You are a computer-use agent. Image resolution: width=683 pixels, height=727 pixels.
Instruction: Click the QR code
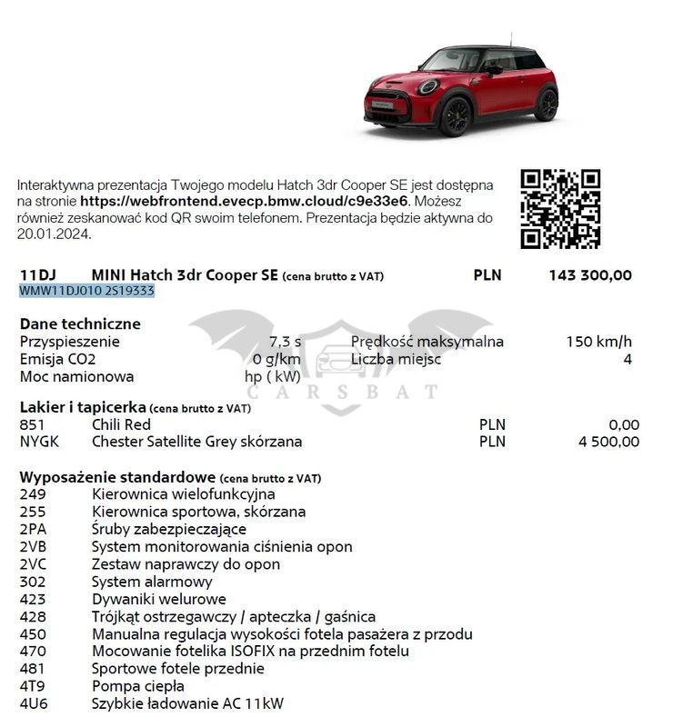[x=559, y=208]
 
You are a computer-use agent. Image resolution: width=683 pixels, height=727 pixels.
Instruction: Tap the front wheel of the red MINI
[x=454, y=116]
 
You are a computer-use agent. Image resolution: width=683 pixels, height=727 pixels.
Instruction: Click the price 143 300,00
[x=590, y=275]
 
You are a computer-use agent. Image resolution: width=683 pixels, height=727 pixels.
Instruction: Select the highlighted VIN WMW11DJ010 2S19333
[x=87, y=291]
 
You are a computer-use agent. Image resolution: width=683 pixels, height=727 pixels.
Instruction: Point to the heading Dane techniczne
[x=80, y=324]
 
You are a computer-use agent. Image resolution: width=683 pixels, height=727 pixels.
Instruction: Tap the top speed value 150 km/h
[x=598, y=342]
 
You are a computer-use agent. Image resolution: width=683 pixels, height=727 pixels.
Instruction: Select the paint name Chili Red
[x=121, y=424]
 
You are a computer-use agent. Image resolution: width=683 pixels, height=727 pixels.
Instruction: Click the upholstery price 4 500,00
[x=608, y=442]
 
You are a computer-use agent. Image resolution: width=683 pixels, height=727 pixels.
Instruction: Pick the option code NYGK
[x=40, y=442]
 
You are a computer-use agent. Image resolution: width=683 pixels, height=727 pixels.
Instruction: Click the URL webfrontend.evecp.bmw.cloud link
[x=246, y=201]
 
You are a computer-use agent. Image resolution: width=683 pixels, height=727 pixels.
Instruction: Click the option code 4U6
[x=33, y=703]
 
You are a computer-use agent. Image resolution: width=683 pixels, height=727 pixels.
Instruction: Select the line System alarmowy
[x=152, y=582]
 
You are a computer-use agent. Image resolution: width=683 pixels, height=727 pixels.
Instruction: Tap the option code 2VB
[x=33, y=547]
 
